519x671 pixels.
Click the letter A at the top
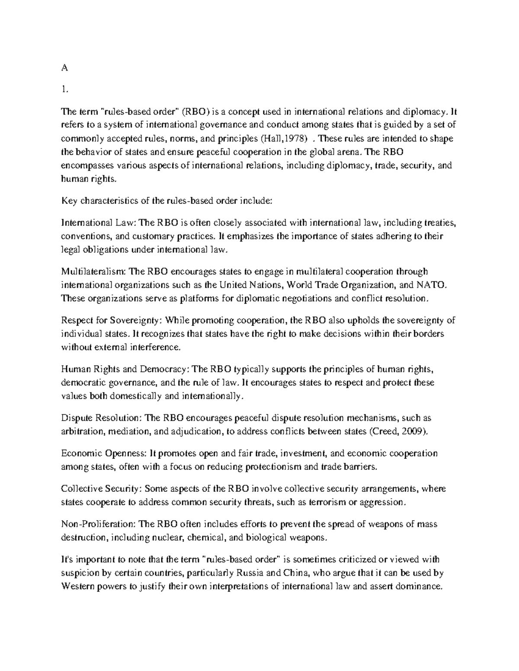click(x=64, y=68)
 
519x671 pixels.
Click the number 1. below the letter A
click(x=64, y=89)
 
